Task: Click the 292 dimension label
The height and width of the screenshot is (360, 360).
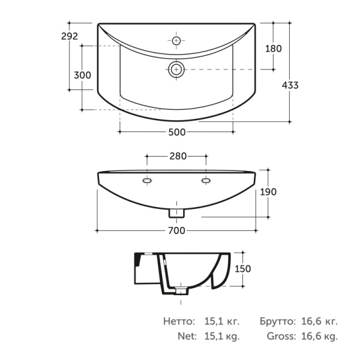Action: (x=70, y=36)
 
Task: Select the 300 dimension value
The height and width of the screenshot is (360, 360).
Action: (x=82, y=75)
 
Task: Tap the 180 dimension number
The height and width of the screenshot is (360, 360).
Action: (x=274, y=49)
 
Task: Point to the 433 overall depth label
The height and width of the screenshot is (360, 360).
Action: (x=290, y=85)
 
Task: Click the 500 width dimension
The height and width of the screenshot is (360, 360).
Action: (x=177, y=132)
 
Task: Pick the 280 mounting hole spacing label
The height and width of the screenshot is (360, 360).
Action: (x=178, y=156)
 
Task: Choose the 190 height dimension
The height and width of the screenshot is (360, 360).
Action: (x=268, y=192)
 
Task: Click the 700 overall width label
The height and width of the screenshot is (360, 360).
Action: (x=176, y=231)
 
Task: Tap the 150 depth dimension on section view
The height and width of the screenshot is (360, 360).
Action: (x=242, y=269)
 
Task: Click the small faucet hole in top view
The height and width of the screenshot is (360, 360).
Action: (x=176, y=41)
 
